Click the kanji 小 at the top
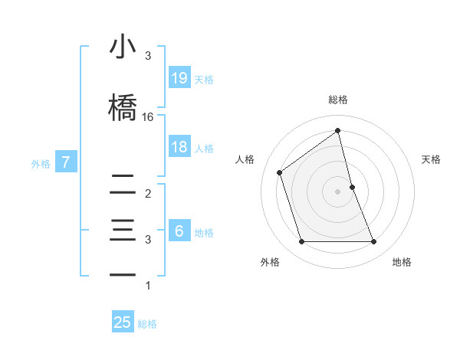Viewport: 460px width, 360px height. pos(122,48)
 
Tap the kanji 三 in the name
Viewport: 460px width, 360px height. pos(122,231)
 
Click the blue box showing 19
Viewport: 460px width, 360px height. pos(179,77)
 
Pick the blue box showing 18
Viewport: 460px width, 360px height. pos(179,147)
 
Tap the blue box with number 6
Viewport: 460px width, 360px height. pos(179,231)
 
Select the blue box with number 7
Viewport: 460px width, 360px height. pos(67,162)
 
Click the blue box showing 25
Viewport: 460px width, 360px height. pos(123,322)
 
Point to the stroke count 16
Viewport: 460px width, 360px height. pos(148,117)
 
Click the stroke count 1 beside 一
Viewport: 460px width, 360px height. pos(148,286)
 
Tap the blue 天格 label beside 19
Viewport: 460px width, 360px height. pos(204,79)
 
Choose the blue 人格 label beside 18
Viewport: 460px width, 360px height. pos(204,148)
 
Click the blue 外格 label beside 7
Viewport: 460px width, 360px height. pos(41,163)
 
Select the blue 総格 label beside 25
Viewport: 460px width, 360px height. pos(147,324)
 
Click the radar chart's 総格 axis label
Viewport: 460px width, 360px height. pos(338,100)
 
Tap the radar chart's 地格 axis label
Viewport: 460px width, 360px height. pos(402,262)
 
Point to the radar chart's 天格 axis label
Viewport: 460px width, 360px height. pos(432,159)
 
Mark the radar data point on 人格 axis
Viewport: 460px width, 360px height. pos(280,172)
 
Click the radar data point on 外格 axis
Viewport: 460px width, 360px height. pos(301,242)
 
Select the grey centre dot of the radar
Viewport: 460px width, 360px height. pos(338,191)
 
